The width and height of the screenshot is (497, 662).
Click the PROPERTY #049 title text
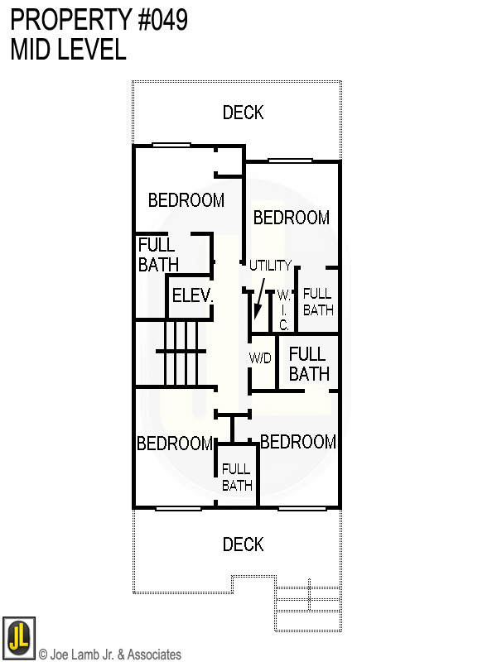[99, 20]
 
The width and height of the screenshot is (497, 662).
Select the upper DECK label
[243, 113]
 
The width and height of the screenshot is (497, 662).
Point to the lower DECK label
[243, 544]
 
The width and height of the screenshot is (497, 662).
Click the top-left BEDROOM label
[186, 200]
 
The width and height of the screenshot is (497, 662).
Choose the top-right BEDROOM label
[292, 218]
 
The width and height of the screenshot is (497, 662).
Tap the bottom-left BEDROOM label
[175, 444]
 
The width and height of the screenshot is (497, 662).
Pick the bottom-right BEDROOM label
[298, 442]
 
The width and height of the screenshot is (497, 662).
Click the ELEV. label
[193, 295]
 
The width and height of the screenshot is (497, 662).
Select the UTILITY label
[271, 266]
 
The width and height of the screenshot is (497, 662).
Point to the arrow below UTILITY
[260, 300]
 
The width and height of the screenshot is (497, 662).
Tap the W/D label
[261, 359]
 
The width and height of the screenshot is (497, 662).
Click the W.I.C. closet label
[283, 310]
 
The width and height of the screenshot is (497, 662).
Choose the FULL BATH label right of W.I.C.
[318, 302]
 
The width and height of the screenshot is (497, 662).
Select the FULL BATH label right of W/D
[309, 364]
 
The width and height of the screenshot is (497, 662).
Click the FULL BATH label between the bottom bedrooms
[237, 477]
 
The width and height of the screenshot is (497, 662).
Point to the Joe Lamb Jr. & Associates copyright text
[110, 655]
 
